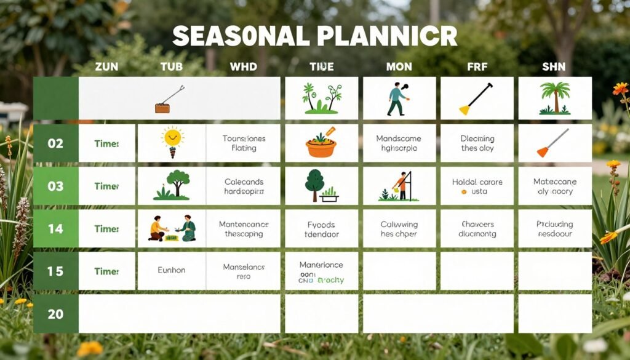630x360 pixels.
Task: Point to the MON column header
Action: (x=399, y=66)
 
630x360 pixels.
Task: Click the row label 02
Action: (x=55, y=143)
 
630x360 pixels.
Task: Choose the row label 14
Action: (x=55, y=228)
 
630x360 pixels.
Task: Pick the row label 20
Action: (x=55, y=314)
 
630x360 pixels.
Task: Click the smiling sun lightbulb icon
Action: (x=172, y=141)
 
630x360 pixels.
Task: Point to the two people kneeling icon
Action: (x=172, y=228)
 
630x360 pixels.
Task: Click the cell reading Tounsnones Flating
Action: (x=244, y=143)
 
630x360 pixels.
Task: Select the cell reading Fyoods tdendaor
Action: (x=321, y=229)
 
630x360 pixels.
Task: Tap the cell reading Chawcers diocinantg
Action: (x=477, y=229)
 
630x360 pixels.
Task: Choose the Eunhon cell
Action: (x=172, y=271)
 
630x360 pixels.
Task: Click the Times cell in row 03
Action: (x=106, y=186)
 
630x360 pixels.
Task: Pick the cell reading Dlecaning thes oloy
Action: (x=477, y=143)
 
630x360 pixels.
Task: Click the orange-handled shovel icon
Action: (x=552, y=143)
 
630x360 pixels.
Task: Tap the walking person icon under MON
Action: (x=397, y=98)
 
